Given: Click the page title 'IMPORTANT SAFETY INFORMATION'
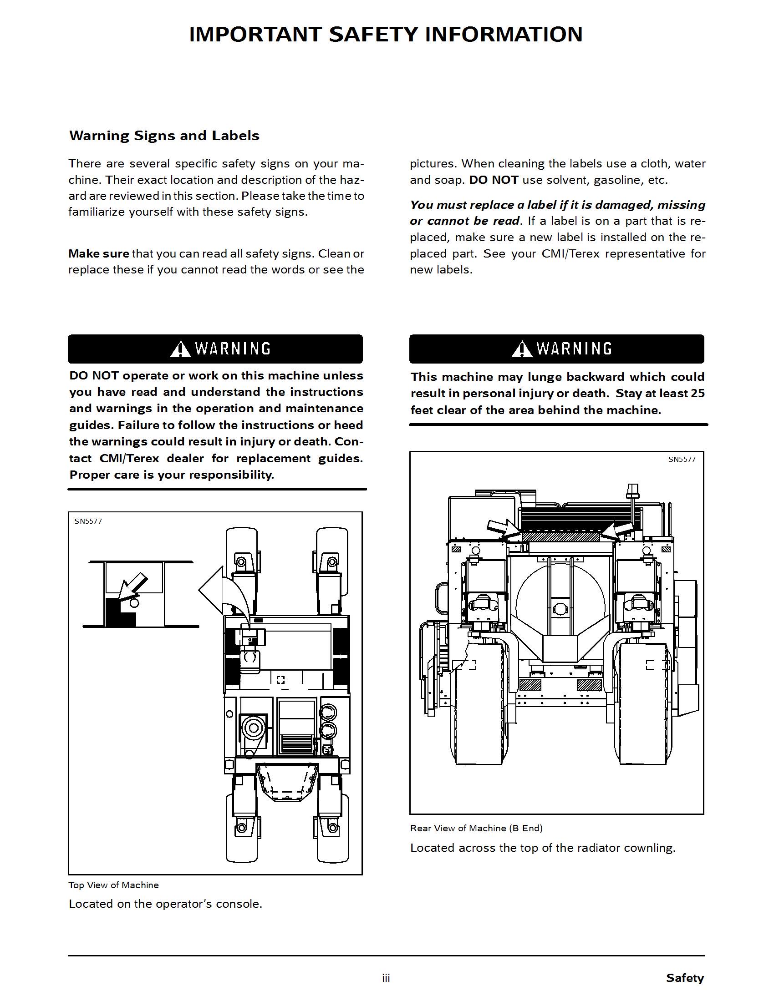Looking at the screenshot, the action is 386,35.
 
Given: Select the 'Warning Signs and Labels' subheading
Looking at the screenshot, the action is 164,136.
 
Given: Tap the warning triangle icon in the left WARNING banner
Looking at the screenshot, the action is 180,349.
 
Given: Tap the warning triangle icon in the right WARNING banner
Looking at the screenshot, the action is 521,349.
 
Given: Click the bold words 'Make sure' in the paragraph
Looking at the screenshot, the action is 99,253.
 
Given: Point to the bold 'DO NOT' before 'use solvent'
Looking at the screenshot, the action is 494,180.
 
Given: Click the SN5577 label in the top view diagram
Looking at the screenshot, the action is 88,521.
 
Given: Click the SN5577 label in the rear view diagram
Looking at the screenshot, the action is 682,459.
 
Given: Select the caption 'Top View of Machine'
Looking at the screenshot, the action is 114,885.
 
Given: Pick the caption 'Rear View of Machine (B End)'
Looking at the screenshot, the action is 476,828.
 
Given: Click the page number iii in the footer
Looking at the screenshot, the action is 386,978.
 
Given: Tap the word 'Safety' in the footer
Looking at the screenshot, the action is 685,978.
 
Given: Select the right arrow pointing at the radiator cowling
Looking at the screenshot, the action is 619,529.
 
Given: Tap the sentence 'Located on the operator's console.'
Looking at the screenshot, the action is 166,904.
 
